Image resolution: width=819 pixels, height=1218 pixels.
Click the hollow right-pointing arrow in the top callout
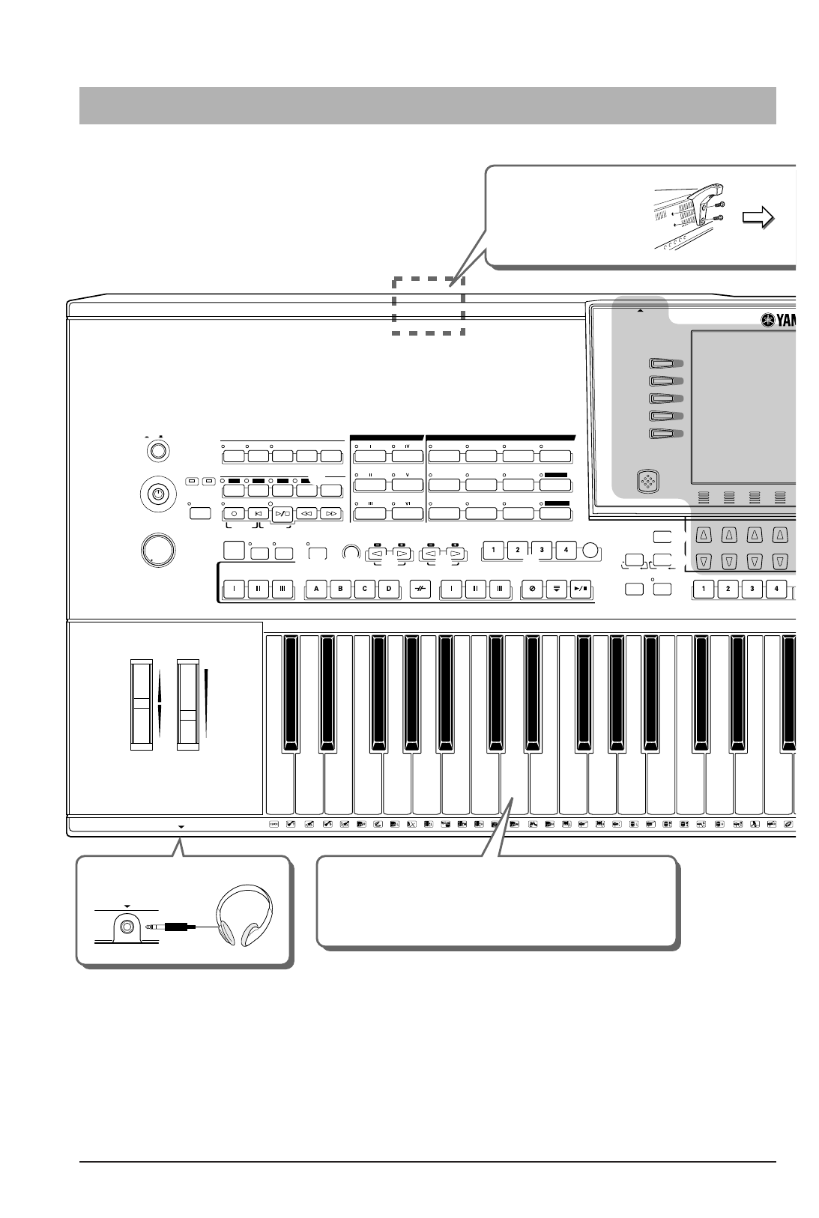pos(758,218)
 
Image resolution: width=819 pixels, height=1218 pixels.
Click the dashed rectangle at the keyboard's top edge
pos(428,306)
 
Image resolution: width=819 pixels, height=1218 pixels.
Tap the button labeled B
pos(340,589)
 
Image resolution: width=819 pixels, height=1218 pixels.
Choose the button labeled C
pos(365,589)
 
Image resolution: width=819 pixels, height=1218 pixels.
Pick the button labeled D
pos(389,589)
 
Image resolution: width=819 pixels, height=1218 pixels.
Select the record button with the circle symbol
pos(234,514)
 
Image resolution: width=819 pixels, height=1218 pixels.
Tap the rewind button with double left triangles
pos(306,514)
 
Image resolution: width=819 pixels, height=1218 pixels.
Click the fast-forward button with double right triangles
pos(331,514)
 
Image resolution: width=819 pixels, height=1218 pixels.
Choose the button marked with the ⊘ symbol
pos(532,589)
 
